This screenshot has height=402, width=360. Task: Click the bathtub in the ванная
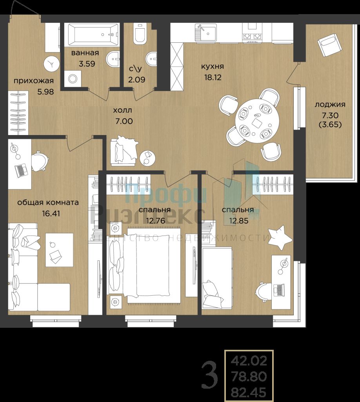click(93, 35)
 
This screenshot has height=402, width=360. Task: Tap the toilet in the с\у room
click(139, 34)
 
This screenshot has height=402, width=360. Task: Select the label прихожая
click(33, 81)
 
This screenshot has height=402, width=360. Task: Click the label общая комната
click(48, 203)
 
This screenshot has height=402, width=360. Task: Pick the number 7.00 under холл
click(124, 121)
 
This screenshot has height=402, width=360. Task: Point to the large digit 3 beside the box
click(209, 375)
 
